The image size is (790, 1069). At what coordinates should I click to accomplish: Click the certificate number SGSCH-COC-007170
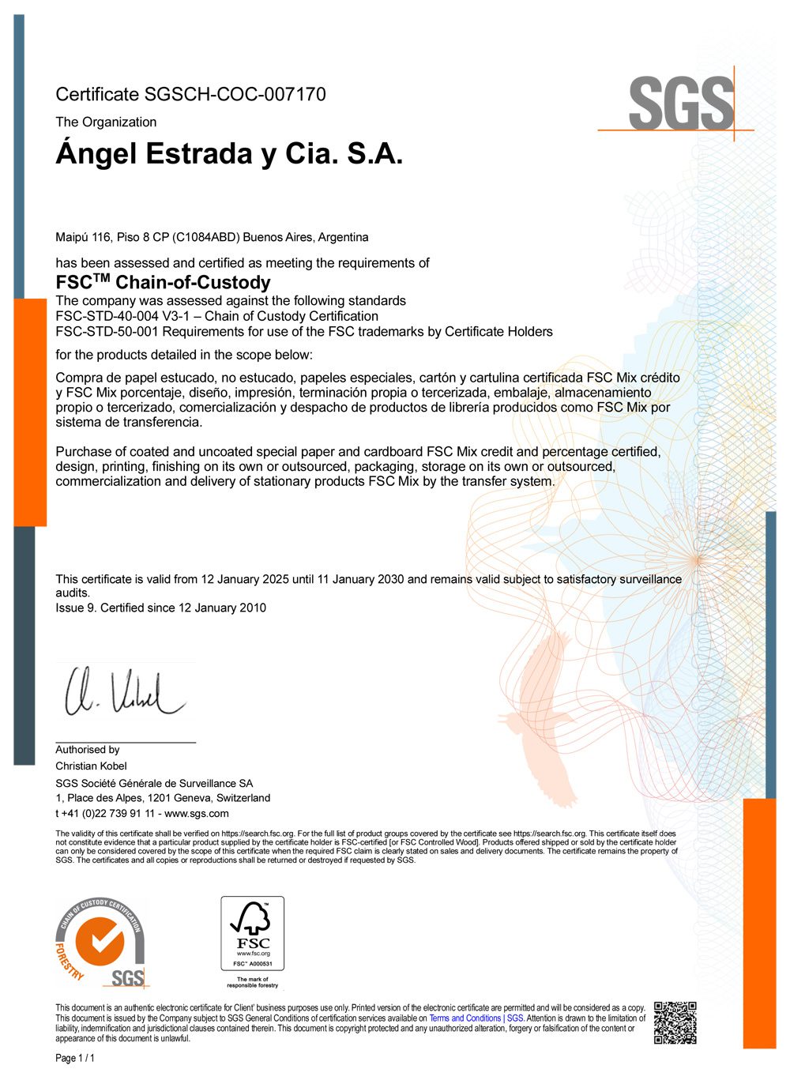(235, 95)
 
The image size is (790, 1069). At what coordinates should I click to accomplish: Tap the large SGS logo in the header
(681, 104)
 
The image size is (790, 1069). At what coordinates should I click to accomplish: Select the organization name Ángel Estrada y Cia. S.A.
(229, 153)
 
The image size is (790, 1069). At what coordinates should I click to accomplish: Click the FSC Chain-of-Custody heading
(163, 282)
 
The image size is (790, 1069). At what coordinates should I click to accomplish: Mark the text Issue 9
(76, 608)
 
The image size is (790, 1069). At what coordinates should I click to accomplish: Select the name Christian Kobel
(91, 766)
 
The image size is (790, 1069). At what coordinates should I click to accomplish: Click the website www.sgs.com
(197, 813)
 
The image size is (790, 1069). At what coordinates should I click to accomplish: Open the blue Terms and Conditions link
(476, 1018)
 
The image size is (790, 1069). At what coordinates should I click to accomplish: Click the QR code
(675, 1022)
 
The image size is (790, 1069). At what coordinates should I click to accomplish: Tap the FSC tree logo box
(252, 933)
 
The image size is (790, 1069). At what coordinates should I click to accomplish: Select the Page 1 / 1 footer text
(75, 1058)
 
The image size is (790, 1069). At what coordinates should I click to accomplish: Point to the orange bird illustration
(545, 711)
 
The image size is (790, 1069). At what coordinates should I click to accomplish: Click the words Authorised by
(88, 750)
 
